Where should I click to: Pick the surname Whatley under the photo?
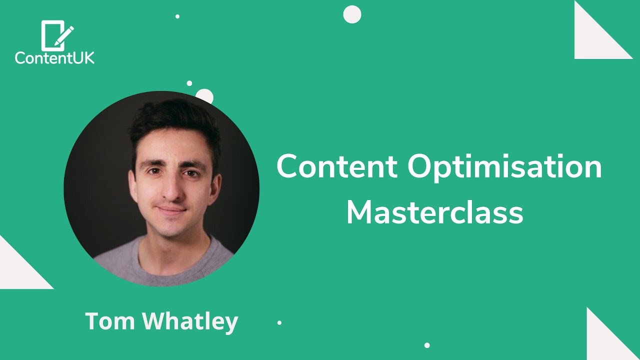(190, 321)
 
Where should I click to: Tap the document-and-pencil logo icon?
(56, 35)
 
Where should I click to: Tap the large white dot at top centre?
(352, 14)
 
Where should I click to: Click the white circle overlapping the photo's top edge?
(204, 96)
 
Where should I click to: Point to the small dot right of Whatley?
(279, 323)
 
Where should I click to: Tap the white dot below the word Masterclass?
(427, 345)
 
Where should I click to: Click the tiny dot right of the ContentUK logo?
(177, 16)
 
